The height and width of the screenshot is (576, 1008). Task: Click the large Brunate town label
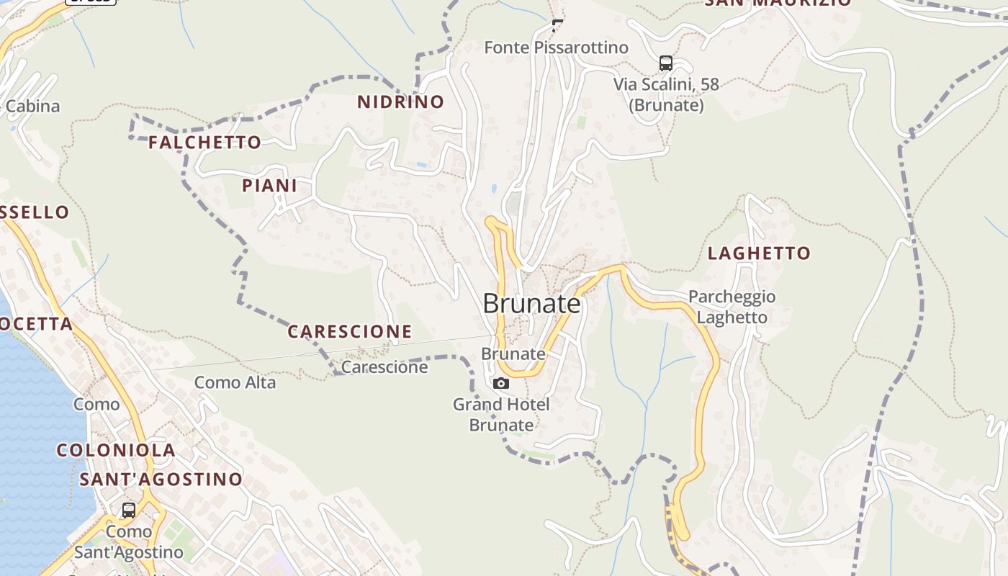(x=531, y=304)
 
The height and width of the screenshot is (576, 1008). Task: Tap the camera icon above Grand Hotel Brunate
(x=501, y=383)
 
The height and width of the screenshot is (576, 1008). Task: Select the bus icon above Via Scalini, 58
(x=665, y=63)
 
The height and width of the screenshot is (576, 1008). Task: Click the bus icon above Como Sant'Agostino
(x=129, y=510)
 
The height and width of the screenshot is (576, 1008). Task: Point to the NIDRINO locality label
(x=400, y=102)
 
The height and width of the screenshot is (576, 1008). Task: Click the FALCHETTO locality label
(x=204, y=143)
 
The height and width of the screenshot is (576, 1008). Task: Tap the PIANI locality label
(x=269, y=186)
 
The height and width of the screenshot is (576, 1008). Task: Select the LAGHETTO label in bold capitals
(x=759, y=253)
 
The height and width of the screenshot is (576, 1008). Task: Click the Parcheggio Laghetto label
(x=732, y=307)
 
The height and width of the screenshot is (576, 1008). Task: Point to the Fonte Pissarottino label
(x=556, y=48)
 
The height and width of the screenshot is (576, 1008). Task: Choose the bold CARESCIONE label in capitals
(x=350, y=332)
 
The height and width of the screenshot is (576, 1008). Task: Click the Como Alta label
(x=235, y=382)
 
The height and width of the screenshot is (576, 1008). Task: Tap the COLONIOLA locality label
(x=116, y=451)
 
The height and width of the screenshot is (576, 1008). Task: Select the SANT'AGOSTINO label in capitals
(x=161, y=480)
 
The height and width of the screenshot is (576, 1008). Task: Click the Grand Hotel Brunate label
(x=501, y=415)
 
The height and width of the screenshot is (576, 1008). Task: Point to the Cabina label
(x=32, y=107)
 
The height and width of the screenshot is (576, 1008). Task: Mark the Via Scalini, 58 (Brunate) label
(x=666, y=94)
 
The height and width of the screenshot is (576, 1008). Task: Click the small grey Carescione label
(x=384, y=367)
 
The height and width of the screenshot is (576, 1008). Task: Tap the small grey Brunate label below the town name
(x=513, y=354)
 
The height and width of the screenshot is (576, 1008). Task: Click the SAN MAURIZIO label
(x=778, y=2)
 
